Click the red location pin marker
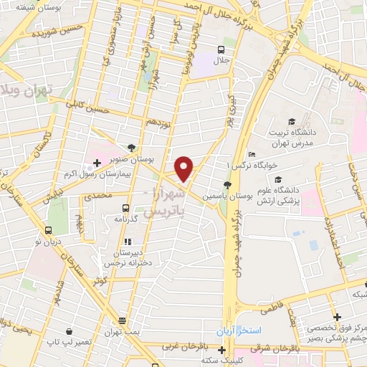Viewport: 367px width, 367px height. coord(184,168)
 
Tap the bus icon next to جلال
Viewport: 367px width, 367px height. coord(221,50)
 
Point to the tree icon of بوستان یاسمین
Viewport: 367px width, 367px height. coord(227,185)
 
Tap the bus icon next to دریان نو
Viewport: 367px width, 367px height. coord(48,231)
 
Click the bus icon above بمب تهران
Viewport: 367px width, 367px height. coord(123,320)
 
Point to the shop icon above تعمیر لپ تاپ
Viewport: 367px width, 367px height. coord(69,331)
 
